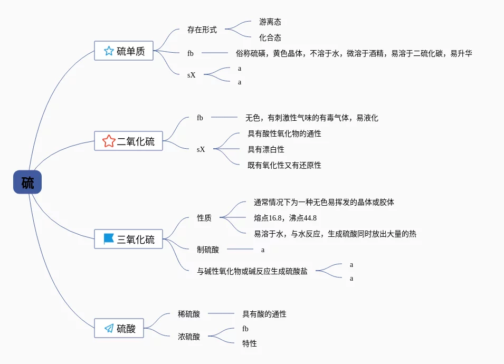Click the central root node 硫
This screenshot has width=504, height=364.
pyautogui.click(x=27, y=183)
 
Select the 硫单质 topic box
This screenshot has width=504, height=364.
pyautogui.click(x=124, y=51)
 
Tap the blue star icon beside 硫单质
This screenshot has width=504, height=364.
pyautogui.click(x=109, y=51)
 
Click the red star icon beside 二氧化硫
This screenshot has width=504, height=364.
pyautogui.click(x=109, y=141)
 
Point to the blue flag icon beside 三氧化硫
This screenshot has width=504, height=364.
pyautogui.click(x=109, y=239)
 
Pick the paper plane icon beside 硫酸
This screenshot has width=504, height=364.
pyautogui.click(x=109, y=328)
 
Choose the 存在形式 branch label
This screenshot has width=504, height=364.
pyautogui.click(x=202, y=30)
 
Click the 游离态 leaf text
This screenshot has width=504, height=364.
pyautogui.click(x=270, y=22)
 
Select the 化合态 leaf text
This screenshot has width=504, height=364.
pyautogui.click(x=270, y=37)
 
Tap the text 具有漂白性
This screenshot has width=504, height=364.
pyautogui.click(x=266, y=149)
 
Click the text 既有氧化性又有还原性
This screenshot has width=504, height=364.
pyautogui.click(x=284, y=165)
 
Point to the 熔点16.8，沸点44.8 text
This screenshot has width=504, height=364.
pyautogui.click(x=285, y=218)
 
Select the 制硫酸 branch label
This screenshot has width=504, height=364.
pyautogui.click(x=208, y=250)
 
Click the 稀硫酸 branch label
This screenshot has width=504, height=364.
pyautogui.click(x=189, y=314)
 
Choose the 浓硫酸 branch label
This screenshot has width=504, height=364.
pyautogui.click(x=189, y=336)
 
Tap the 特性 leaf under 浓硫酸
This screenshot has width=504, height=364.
pyautogui.click(x=250, y=343)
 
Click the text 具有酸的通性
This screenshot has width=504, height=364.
pyautogui.click(x=264, y=314)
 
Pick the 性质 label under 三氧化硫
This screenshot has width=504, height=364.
pyautogui.click(x=204, y=218)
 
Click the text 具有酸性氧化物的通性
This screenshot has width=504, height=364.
pyautogui.click(x=284, y=133)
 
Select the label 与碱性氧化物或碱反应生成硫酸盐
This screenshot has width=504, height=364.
pyautogui.click(x=252, y=271)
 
